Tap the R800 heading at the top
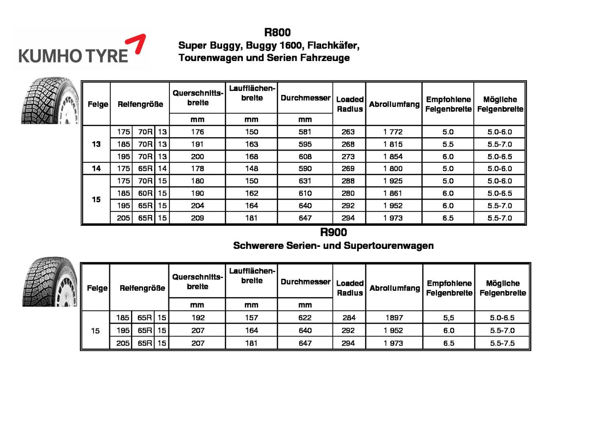pos(277,33)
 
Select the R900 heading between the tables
pos(333,232)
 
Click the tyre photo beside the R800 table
pos(49,102)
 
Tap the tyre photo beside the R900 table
pos(49,282)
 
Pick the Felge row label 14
pos(96,169)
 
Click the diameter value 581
pos(305,132)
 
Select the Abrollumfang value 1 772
pos(394,132)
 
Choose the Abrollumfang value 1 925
pos(394,181)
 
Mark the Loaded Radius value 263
pos(348,132)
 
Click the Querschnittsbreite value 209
pos(197,218)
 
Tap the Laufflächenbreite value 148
pos(251,169)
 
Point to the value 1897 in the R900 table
pos(394,318)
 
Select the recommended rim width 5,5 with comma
pos(448,318)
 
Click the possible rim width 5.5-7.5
pos(502,343)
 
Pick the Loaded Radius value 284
pos(348,318)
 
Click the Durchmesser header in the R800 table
pos(305,98)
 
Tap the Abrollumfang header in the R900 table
pos(394,288)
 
